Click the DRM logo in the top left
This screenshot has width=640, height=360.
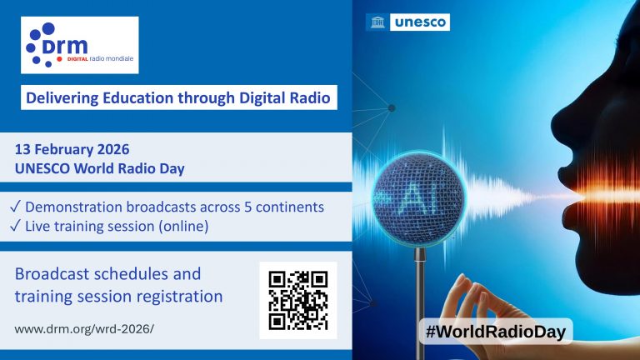(x=80, y=45)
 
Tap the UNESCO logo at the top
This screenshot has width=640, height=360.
(x=407, y=22)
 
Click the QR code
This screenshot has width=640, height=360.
(x=297, y=300)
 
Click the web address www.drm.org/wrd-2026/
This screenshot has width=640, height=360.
(x=84, y=328)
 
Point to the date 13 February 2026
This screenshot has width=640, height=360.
(x=72, y=151)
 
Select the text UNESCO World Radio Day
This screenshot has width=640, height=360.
(x=99, y=168)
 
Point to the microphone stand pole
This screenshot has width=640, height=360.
(x=420, y=300)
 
